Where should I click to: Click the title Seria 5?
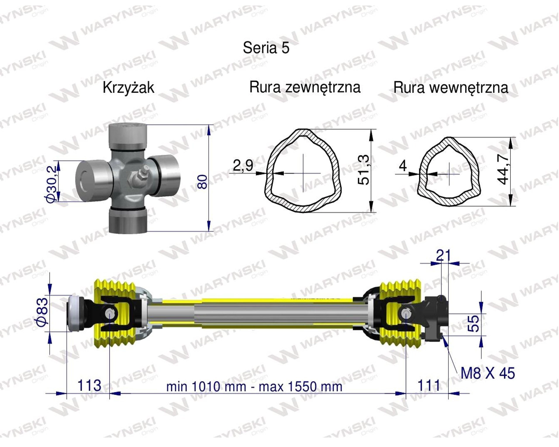266,48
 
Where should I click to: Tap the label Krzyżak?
128,88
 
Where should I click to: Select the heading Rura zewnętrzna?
305,88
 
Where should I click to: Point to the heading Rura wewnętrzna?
451,88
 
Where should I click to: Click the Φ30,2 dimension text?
51,184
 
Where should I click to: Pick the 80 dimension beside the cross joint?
203,182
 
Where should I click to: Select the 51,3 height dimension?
363,170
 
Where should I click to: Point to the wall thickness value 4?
403,166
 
